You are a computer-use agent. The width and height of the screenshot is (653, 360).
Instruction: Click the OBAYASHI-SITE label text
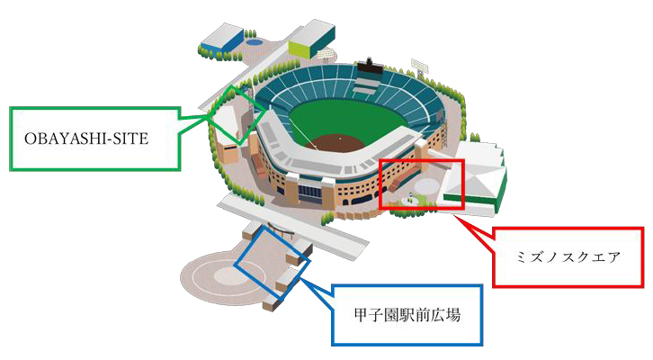pos(86,139)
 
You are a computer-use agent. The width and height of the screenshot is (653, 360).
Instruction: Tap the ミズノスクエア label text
pos(568,257)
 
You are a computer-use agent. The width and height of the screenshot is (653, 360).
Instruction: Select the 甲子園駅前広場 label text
pos(407,315)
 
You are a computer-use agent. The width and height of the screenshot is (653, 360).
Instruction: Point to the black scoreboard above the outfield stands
pos(369,66)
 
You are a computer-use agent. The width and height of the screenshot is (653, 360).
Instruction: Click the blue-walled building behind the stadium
pos(221,37)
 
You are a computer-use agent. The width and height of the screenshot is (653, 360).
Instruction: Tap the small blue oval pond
pos(254,41)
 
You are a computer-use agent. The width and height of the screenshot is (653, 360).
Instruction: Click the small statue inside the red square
pos(410,196)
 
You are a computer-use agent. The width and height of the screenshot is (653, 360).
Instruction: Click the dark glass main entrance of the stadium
pos(310,193)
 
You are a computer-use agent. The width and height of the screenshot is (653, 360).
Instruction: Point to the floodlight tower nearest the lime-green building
pos(326,56)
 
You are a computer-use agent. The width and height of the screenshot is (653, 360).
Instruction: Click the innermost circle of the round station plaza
pos(228,275)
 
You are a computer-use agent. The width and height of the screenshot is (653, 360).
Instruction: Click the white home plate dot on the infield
pos(340,138)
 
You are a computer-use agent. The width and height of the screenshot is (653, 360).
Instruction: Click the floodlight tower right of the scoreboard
pos(419,67)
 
